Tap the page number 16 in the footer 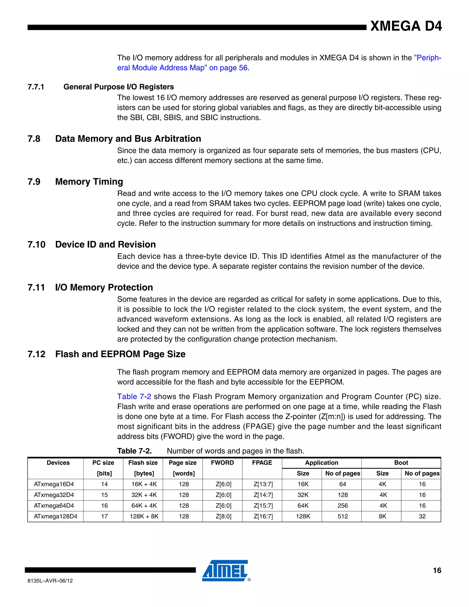tap(437, 570)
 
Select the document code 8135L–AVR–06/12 tap(50, 581)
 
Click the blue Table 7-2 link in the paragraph tap(134, 396)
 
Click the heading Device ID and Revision tap(105, 244)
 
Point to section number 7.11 tap(36, 287)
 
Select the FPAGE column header tap(262, 463)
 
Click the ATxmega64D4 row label tap(54, 506)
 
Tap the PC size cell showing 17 tap(104, 516)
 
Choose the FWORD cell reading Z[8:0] tap(223, 516)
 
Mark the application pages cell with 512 tap(342, 516)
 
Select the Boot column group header tap(401, 463)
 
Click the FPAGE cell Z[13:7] tap(263, 484)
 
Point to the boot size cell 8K tap(382, 516)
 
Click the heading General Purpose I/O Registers tap(119, 87)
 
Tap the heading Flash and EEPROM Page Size tap(120, 354)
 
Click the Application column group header tap(322, 463)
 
